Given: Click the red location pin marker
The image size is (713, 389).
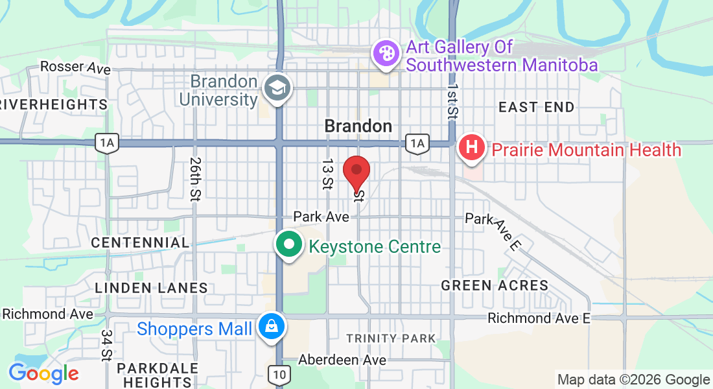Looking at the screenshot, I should click(356, 172).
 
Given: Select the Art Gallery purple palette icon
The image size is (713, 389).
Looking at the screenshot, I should click(386, 54).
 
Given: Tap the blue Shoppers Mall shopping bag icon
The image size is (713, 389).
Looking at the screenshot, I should click(269, 327).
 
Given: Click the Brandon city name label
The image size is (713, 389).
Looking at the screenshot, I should click(358, 126).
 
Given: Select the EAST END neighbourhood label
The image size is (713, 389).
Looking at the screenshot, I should click(536, 108).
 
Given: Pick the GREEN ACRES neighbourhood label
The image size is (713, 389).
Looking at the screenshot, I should click(495, 285).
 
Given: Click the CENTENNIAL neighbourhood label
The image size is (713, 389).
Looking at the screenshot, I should click(140, 242).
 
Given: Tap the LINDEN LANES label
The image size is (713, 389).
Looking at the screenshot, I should click(151, 288).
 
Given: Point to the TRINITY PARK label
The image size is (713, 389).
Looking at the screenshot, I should click(391, 338).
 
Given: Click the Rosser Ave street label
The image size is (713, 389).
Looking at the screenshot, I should click(75, 67).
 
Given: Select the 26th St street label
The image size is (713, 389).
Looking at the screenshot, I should click(194, 178).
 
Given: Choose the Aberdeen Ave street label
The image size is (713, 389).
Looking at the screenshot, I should click(342, 360).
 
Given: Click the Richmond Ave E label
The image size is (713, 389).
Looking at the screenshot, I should click(539, 318).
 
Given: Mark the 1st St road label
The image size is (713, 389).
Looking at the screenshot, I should click(452, 97).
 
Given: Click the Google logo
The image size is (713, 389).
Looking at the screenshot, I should click(43, 373).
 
